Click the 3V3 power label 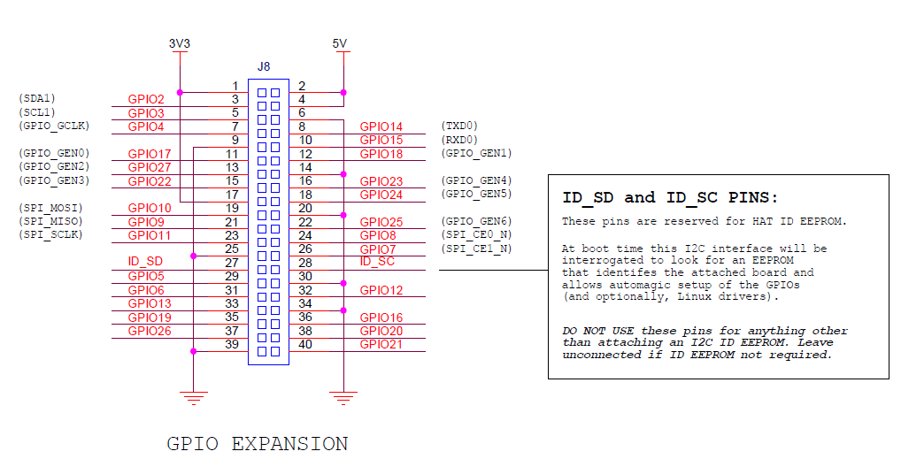click(x=180, y=43)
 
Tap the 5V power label click(x=340, y=43)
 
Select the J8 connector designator click(x=264, y=66)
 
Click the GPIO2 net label click(x=146, y=100)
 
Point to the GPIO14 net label click(x=381, y=127)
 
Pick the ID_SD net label click(x=145, y=262)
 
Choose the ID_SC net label click(x=378, y=262)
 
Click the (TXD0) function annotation click(x=458, y=126)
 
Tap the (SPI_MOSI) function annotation click(x=50, y=208)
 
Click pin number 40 click(x=305, y=344)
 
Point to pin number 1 click(x=235, y=86)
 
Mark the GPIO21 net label click(x=381, y=344)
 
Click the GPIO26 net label click(x=150, y=331)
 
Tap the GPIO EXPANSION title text click(x=258, y=443)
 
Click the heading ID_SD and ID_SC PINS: click(x=670, y=198)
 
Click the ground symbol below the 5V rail click(x=343, y=397)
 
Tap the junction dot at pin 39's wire click(x=193, y=351)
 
